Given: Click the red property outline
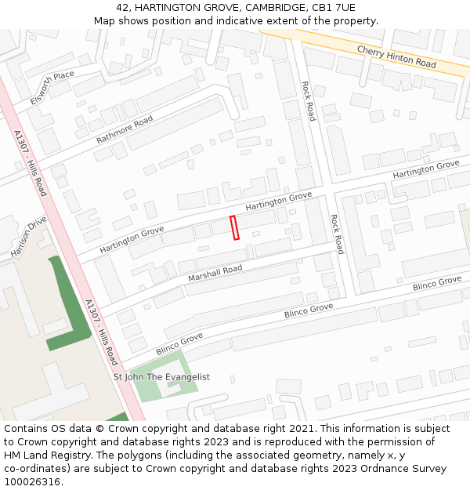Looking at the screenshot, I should coord(234,227).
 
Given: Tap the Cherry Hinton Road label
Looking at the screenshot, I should coord(396,56).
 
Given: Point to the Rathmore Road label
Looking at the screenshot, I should coord(125,129).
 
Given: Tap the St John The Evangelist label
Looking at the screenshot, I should coord(161,377).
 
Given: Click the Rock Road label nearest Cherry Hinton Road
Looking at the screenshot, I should coord(309,100).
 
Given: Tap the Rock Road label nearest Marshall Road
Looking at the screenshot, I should coord(336,234).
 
